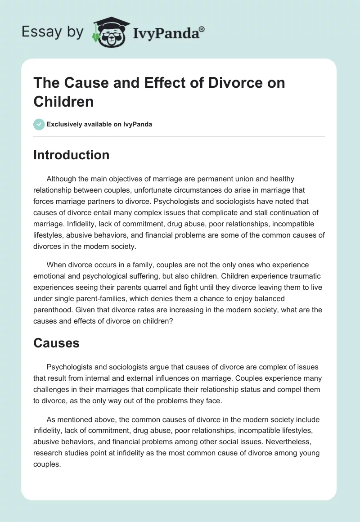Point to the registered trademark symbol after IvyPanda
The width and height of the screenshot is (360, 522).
click(x=202, y=29)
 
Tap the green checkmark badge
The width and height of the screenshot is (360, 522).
click(x=39, y=124)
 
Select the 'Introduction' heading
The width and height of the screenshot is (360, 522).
click(x=72, y=155)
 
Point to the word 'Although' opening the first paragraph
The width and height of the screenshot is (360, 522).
click(x=63, y=179)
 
